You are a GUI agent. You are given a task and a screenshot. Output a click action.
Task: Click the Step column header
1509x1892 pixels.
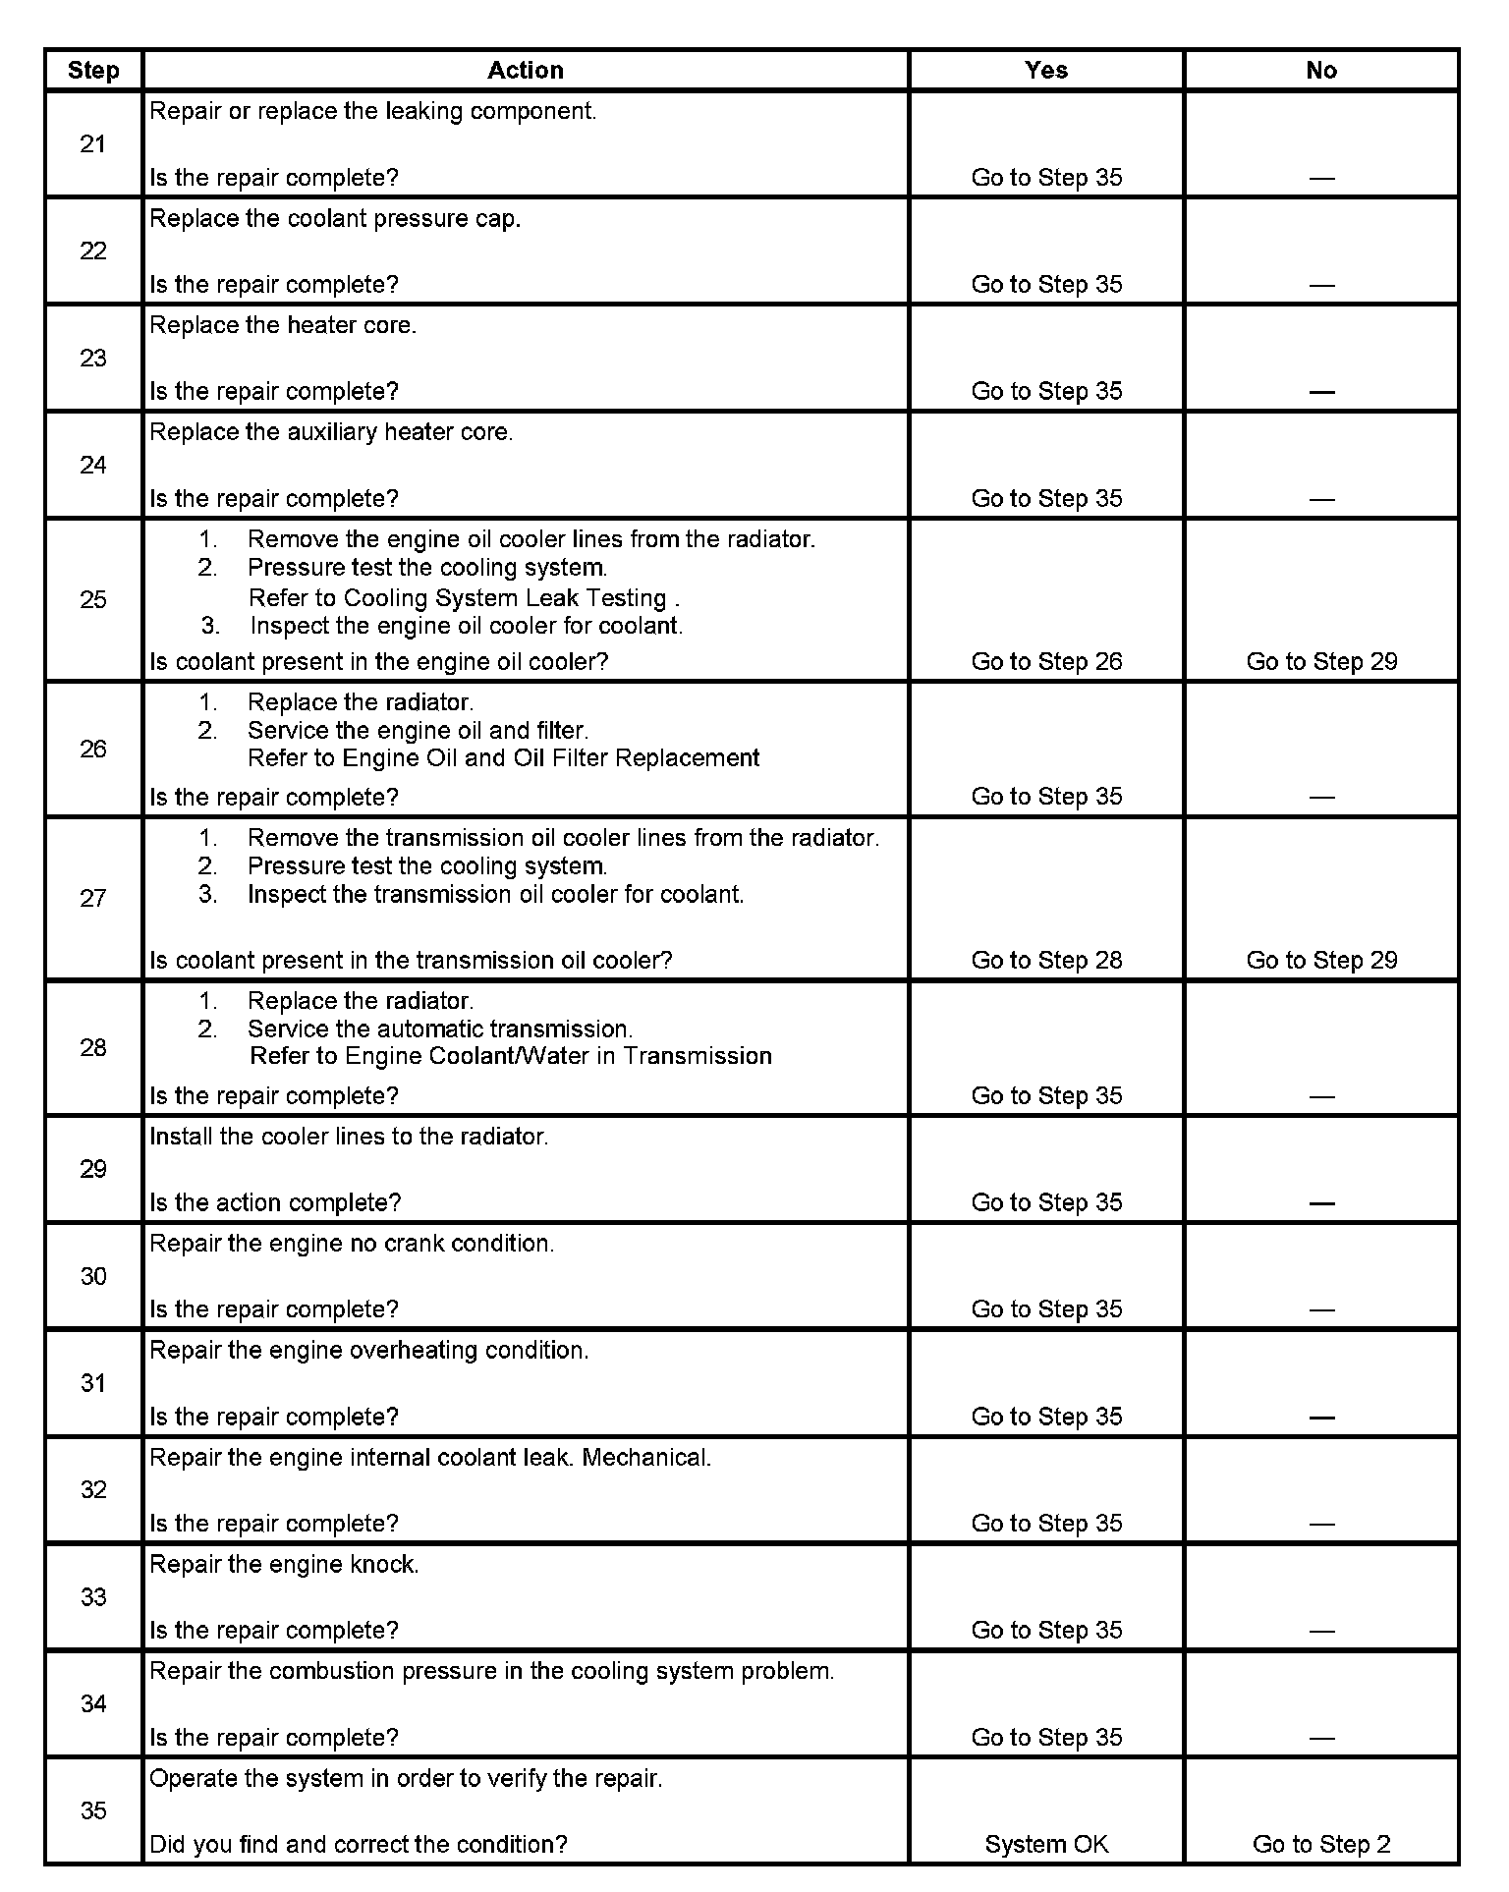click(93, 71)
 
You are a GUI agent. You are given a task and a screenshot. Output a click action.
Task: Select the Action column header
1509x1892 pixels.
click(526, 71)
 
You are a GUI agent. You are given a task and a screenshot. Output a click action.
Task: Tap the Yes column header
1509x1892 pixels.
click(1046, 71)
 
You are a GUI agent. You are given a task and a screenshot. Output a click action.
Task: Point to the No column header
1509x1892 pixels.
click(1321, 71)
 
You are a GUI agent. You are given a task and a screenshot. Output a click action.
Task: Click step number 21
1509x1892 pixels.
click(93, 144)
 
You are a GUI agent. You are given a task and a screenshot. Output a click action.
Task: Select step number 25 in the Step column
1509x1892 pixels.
click(93, 599)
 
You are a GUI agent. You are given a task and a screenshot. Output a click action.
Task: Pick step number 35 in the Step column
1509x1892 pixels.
click(93, 1810)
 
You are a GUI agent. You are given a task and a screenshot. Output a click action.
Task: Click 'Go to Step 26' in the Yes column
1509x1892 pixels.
click(1046, 661)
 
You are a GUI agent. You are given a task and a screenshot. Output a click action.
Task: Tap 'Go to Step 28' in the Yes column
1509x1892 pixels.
click(1046, 960)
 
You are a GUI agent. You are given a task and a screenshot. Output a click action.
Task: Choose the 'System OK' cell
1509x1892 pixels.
click(1046, 1844)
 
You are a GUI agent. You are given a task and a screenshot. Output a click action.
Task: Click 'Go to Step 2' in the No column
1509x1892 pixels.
click(1321, 1844)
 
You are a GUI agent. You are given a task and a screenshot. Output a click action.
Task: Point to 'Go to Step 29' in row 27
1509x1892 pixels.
click(1321, 960)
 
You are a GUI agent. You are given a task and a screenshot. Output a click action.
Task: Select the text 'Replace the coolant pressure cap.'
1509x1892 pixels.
click(335, 218)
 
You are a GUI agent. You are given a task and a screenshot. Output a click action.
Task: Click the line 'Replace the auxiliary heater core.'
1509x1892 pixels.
click(331, 432)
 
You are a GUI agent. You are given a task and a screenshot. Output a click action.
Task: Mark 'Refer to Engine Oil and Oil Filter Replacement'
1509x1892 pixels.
click(503, 757)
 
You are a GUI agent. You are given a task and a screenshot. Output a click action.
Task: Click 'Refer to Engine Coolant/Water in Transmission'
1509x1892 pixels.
click(510, 1056)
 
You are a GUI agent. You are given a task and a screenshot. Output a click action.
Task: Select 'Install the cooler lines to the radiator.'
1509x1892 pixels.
click(349, 1137)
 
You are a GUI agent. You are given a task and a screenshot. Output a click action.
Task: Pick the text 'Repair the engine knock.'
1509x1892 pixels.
click(284, 1564)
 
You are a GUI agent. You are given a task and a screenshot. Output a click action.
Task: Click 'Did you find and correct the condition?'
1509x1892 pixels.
click(359, 1844)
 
